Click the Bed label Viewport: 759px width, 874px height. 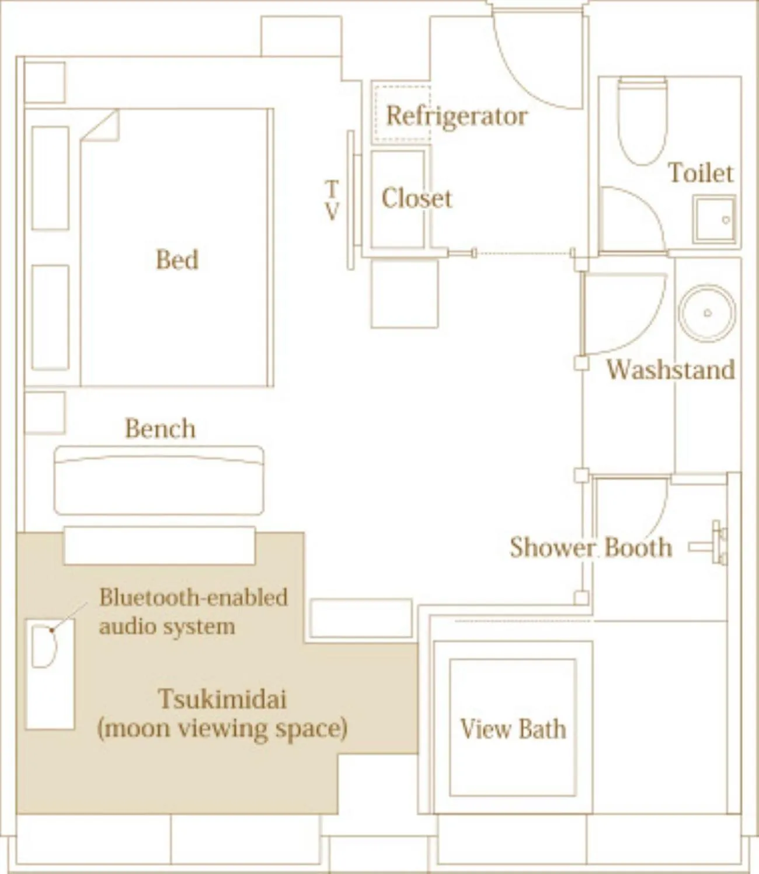[x=177, y=259]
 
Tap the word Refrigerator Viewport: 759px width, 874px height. [x=457, y=116]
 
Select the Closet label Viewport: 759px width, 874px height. [x=416, y=199]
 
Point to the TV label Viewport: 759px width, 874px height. [x=332, y=200]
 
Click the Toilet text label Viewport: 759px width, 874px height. [x=700, y=173]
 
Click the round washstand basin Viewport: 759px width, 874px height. [x=707, y=313]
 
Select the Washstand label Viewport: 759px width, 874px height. [x=670, y=370]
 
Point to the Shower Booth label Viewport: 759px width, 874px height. [x=590, y=547]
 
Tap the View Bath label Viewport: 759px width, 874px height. [x=513, y=729]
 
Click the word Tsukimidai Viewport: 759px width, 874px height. [x=222, y=699]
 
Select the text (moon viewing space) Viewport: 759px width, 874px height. [x=222, y=729]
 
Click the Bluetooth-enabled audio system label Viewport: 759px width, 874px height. [x=193, y=611]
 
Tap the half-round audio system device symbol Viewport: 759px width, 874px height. [x=43, y=646]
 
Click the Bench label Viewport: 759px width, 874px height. [x=160, y=429]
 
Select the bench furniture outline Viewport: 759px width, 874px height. [x=159, y=481]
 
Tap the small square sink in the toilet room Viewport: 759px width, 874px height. [x=715, y=220]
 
